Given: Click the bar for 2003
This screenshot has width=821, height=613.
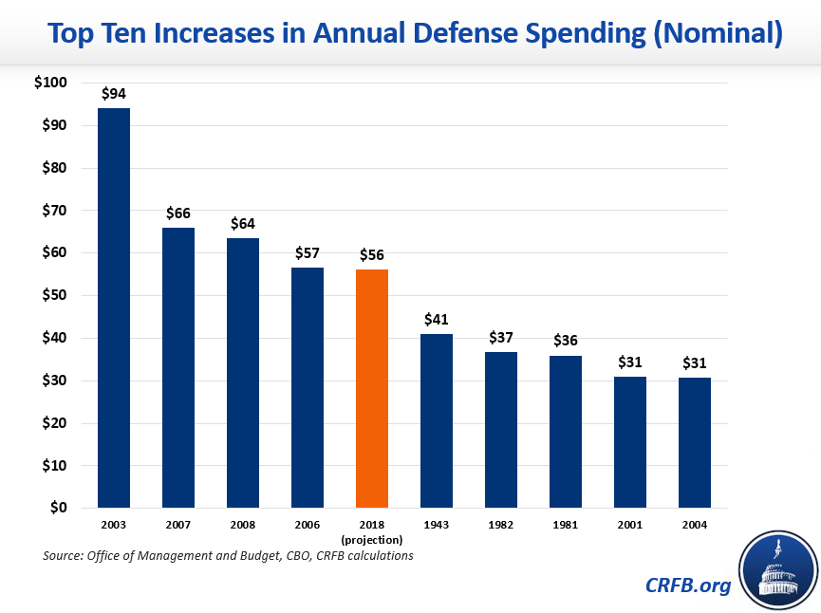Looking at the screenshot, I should [114, 307].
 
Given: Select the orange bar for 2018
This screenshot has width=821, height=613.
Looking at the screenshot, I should [372, 388].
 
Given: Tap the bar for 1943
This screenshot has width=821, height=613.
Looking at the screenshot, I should [437, 420].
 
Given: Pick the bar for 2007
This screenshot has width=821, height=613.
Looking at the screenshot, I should [178, 367].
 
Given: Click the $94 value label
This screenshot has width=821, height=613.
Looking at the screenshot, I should [114, 94].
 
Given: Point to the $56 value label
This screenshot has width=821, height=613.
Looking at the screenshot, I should [372, 255].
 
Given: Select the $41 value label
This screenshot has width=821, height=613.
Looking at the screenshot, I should [437, 320].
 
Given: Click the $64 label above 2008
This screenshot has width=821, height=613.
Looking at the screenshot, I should [243, 224].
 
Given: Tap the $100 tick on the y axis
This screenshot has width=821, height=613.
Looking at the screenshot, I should [50, 83].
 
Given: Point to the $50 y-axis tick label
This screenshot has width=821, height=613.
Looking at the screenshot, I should [53, 295].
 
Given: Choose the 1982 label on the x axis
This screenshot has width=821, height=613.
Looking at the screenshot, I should [501, 525].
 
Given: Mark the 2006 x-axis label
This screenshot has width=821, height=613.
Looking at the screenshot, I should [308, 525].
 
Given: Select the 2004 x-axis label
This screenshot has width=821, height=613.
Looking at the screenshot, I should [695, 525].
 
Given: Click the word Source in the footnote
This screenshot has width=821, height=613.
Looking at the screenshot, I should [65, 555].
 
